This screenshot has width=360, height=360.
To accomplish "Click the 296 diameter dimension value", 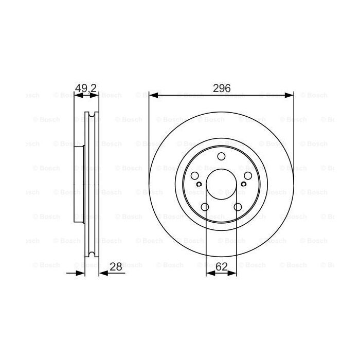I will pos(221,88).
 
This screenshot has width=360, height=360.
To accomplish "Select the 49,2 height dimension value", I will pos(86,88).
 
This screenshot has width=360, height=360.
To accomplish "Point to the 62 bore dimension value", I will pos(221,266).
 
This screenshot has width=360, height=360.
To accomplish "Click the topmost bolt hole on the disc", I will pos(221,157).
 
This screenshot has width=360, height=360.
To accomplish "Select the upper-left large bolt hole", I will pos(195,176).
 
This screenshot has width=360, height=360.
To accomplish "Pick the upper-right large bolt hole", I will pos(247,176).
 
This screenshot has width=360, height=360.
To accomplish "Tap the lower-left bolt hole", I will pos(205,207).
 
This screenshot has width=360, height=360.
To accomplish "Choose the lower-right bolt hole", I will pos(237,207).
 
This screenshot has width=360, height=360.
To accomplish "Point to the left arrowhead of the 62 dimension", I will pos(209,273).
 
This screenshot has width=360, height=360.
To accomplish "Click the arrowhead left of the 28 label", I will pos(102,273).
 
